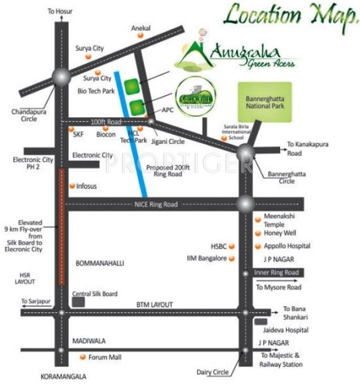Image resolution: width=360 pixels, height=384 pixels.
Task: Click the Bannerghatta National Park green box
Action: tap(264, 102)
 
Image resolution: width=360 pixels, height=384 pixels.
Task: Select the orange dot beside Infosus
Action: tap(71, 186)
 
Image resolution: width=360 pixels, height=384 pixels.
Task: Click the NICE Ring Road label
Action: tap(156, 204)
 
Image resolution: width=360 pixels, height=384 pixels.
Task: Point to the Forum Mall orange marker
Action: tap(83, 357)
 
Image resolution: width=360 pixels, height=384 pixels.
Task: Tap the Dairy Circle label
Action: tap(213, 372)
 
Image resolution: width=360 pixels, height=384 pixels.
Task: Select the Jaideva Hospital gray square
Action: tap(260, 322)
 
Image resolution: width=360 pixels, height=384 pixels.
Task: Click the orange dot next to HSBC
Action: tap(232, 246)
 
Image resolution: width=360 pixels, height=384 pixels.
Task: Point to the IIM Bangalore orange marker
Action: tap(232, 258)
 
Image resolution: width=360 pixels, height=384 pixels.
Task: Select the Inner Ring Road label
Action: tap(276, 272)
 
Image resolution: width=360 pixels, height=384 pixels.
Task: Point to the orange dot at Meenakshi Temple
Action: tap(258, 217)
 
